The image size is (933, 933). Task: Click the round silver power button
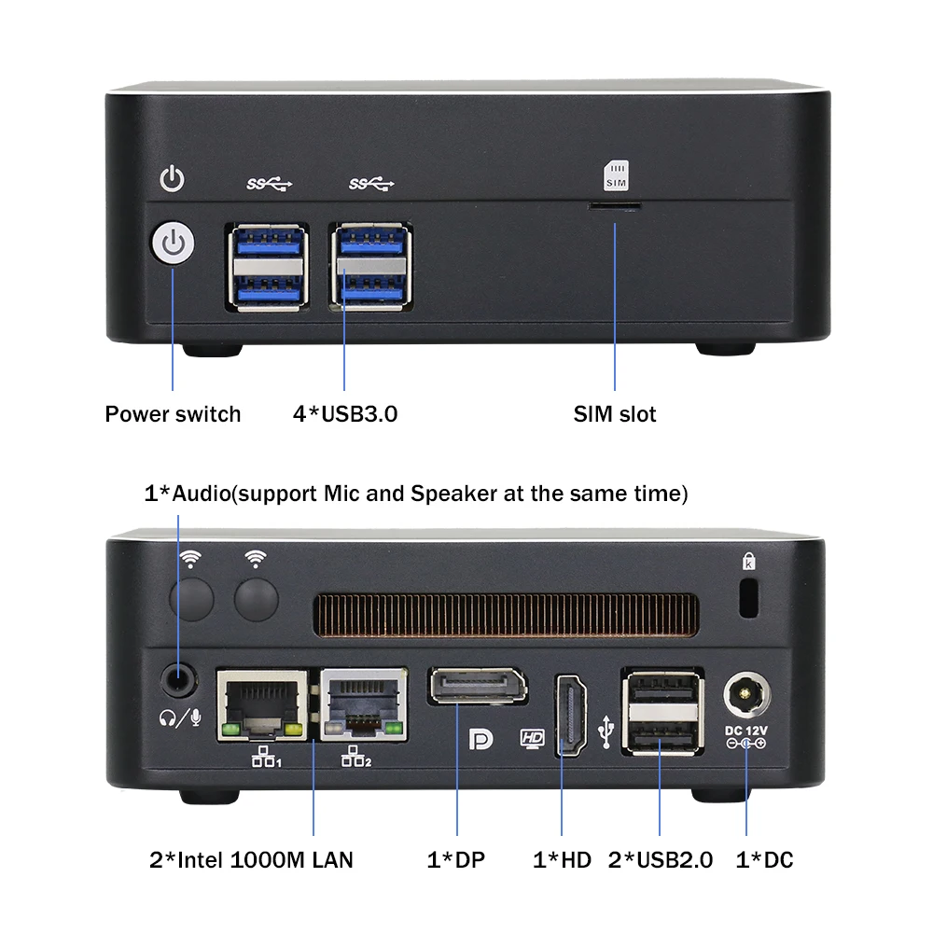pyautogui.click(x=173, y=244)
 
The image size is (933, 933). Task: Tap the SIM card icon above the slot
pyautogui.click(x=617, y=174)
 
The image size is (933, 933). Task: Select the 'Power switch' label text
pyautogui.click(x=173, y=414)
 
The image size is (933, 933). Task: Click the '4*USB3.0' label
pyautogui.click(x=345, y=414)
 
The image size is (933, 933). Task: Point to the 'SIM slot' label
pyautogui.click(x=615, y=414)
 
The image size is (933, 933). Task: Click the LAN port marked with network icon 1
pyautogui.click(x=262, y=705)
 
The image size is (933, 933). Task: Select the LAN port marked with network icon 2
pyautogui.click(x=363, y=704)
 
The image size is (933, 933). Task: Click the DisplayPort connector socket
pyautogui.click(x=477, y=687)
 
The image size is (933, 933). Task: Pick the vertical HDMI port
pyautogui.click(x=570, y=714)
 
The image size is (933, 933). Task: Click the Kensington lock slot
pyautogui.click(x=747, y=597)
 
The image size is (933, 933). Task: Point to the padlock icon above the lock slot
pyautogui.click(x=748, y=561)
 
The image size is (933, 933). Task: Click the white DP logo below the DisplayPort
pyautogui.click(x=480, y=738)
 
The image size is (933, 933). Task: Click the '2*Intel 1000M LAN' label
pyautogui.click(x=252, y=859)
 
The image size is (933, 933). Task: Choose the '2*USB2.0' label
pyautogui.click(x=661, y=859)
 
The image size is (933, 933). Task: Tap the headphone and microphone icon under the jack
pyautogui.click(x=179, y=717)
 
